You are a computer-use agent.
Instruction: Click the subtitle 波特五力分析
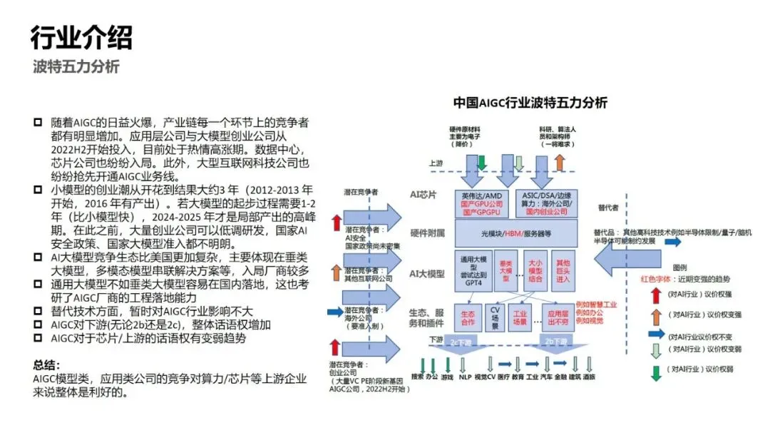[76, 66]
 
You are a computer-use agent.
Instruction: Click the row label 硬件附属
[428, 233]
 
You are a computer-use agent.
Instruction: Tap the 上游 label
[436, 163]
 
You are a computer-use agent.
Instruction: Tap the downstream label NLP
[465, 376]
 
